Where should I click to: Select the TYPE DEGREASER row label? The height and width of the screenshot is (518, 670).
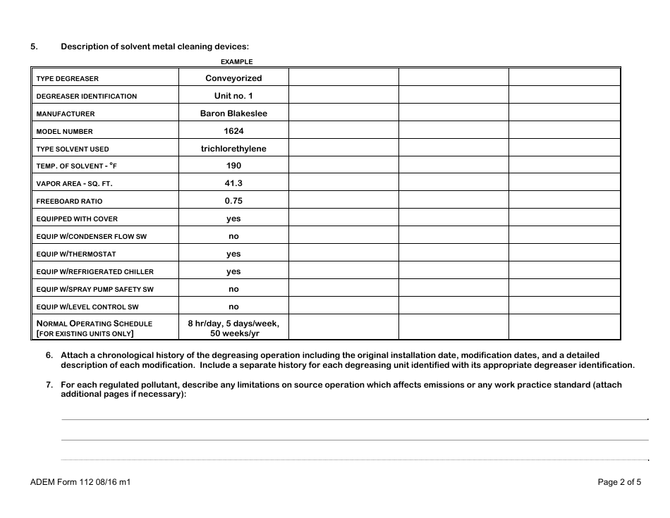pos(68,79)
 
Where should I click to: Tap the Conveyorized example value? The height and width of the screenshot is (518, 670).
pos(233,78)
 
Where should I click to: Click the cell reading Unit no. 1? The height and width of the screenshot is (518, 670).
pos(233,96)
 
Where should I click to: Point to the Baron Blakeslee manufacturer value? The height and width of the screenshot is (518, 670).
pos(233,113)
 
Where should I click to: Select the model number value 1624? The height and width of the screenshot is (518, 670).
pos(233,131)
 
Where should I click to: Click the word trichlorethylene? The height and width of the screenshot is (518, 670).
pos(233,149)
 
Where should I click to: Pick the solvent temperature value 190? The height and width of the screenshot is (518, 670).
pos(233,166)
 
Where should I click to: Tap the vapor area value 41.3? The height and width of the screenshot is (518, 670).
pos(233,183)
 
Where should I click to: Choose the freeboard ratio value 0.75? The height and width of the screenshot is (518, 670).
pos(233,201)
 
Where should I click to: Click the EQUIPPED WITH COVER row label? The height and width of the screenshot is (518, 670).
pos(77,219)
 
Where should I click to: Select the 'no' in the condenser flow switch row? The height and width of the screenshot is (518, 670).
pos(233,236)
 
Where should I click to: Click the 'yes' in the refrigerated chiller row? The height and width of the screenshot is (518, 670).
pos(233,271)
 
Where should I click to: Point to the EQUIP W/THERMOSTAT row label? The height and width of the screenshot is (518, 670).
pos(76,254)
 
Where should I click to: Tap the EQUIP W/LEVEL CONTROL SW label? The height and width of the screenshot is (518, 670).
pos(87,307)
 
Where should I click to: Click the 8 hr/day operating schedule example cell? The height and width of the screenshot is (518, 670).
pos(233,328)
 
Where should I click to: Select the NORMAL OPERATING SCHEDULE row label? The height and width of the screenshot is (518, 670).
pos(95,323)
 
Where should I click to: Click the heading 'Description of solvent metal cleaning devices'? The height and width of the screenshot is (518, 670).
pos(154,47)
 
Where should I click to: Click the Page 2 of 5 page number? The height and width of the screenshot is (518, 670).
pos(619,483)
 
